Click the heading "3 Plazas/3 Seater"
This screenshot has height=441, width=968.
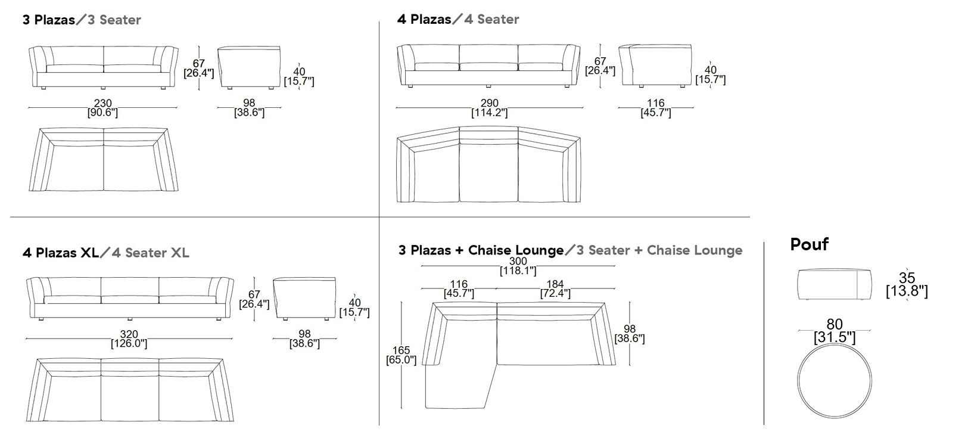82,20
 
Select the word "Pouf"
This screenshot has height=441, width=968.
809,244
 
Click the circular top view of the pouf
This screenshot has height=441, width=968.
835,378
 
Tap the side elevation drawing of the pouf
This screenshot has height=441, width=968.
835,284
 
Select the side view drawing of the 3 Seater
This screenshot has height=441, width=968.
249,67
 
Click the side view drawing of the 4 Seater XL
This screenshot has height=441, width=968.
304,298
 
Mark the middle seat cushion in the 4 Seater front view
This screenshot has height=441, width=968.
488,66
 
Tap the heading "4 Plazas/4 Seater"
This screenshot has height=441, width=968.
458,20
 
